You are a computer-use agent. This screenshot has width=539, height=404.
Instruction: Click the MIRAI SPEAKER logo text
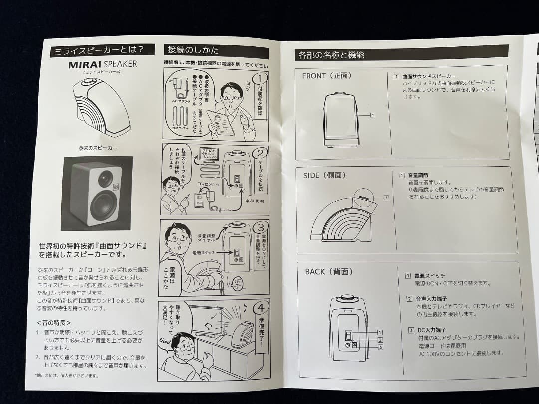102,64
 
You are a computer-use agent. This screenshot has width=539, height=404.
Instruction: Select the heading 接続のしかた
193,50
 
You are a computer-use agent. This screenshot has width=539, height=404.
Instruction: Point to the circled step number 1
260,79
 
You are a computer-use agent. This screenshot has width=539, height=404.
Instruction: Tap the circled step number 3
262,229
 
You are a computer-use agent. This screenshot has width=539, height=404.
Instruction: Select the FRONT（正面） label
327,76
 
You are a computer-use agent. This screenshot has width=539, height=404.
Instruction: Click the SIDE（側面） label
324,175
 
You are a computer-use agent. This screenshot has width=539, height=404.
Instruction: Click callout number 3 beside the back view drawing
380,347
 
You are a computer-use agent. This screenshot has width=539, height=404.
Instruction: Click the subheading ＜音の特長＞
57,323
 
